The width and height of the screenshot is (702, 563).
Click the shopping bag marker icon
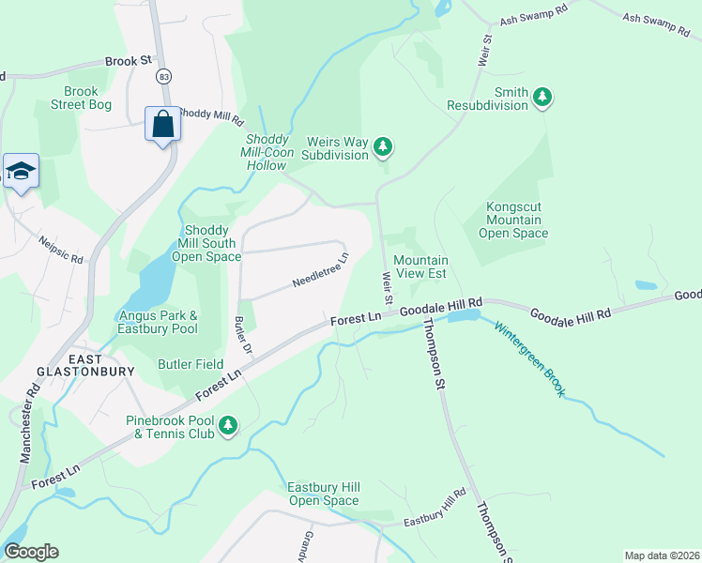point(162,124)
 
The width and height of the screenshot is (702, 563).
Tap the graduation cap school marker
point(21,171)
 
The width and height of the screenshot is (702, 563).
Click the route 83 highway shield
point(164,75)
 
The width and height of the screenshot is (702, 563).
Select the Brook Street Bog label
point(81,99)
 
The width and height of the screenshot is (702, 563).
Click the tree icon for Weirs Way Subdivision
point(382,145)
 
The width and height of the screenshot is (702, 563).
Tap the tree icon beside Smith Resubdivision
point(542,96)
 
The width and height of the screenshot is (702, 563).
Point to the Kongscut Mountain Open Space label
point(512,220)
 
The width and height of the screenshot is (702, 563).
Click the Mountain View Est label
point(420,267)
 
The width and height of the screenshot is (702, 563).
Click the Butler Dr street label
point(244,335)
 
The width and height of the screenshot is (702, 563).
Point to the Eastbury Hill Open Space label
point(324,493)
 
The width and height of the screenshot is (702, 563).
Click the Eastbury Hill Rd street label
point(435,507)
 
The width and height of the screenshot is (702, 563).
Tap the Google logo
point(31,552)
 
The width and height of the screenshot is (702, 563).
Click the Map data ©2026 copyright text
point(662,555)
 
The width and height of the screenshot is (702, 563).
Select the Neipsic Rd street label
point(61,246)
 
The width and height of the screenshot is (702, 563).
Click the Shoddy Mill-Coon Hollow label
point(263,152)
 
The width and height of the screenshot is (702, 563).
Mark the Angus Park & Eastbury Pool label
point(158,322)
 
